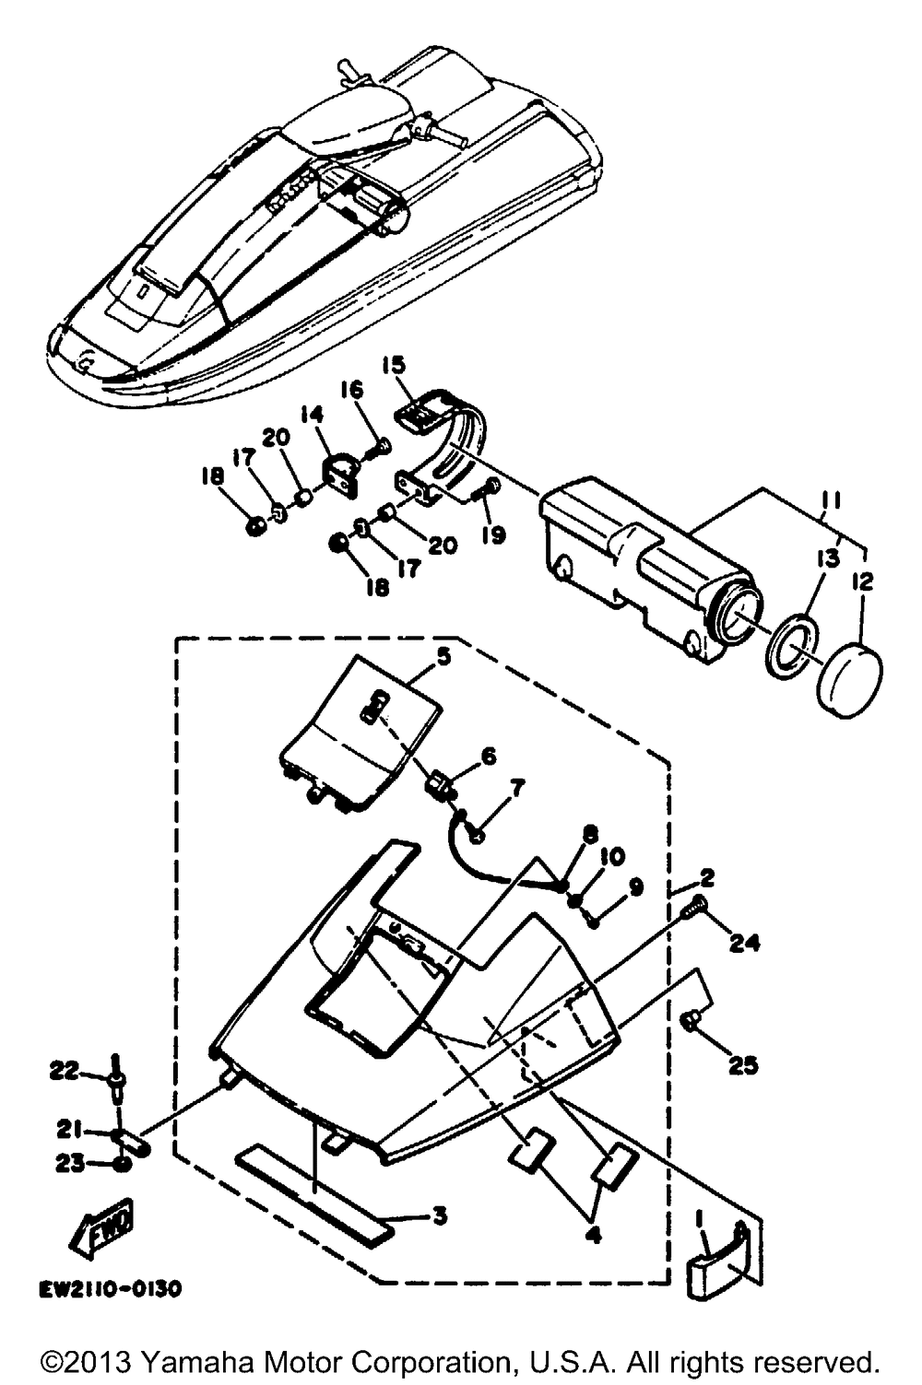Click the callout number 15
(x=394, y=366)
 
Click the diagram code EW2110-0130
(x=109, y=1290)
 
